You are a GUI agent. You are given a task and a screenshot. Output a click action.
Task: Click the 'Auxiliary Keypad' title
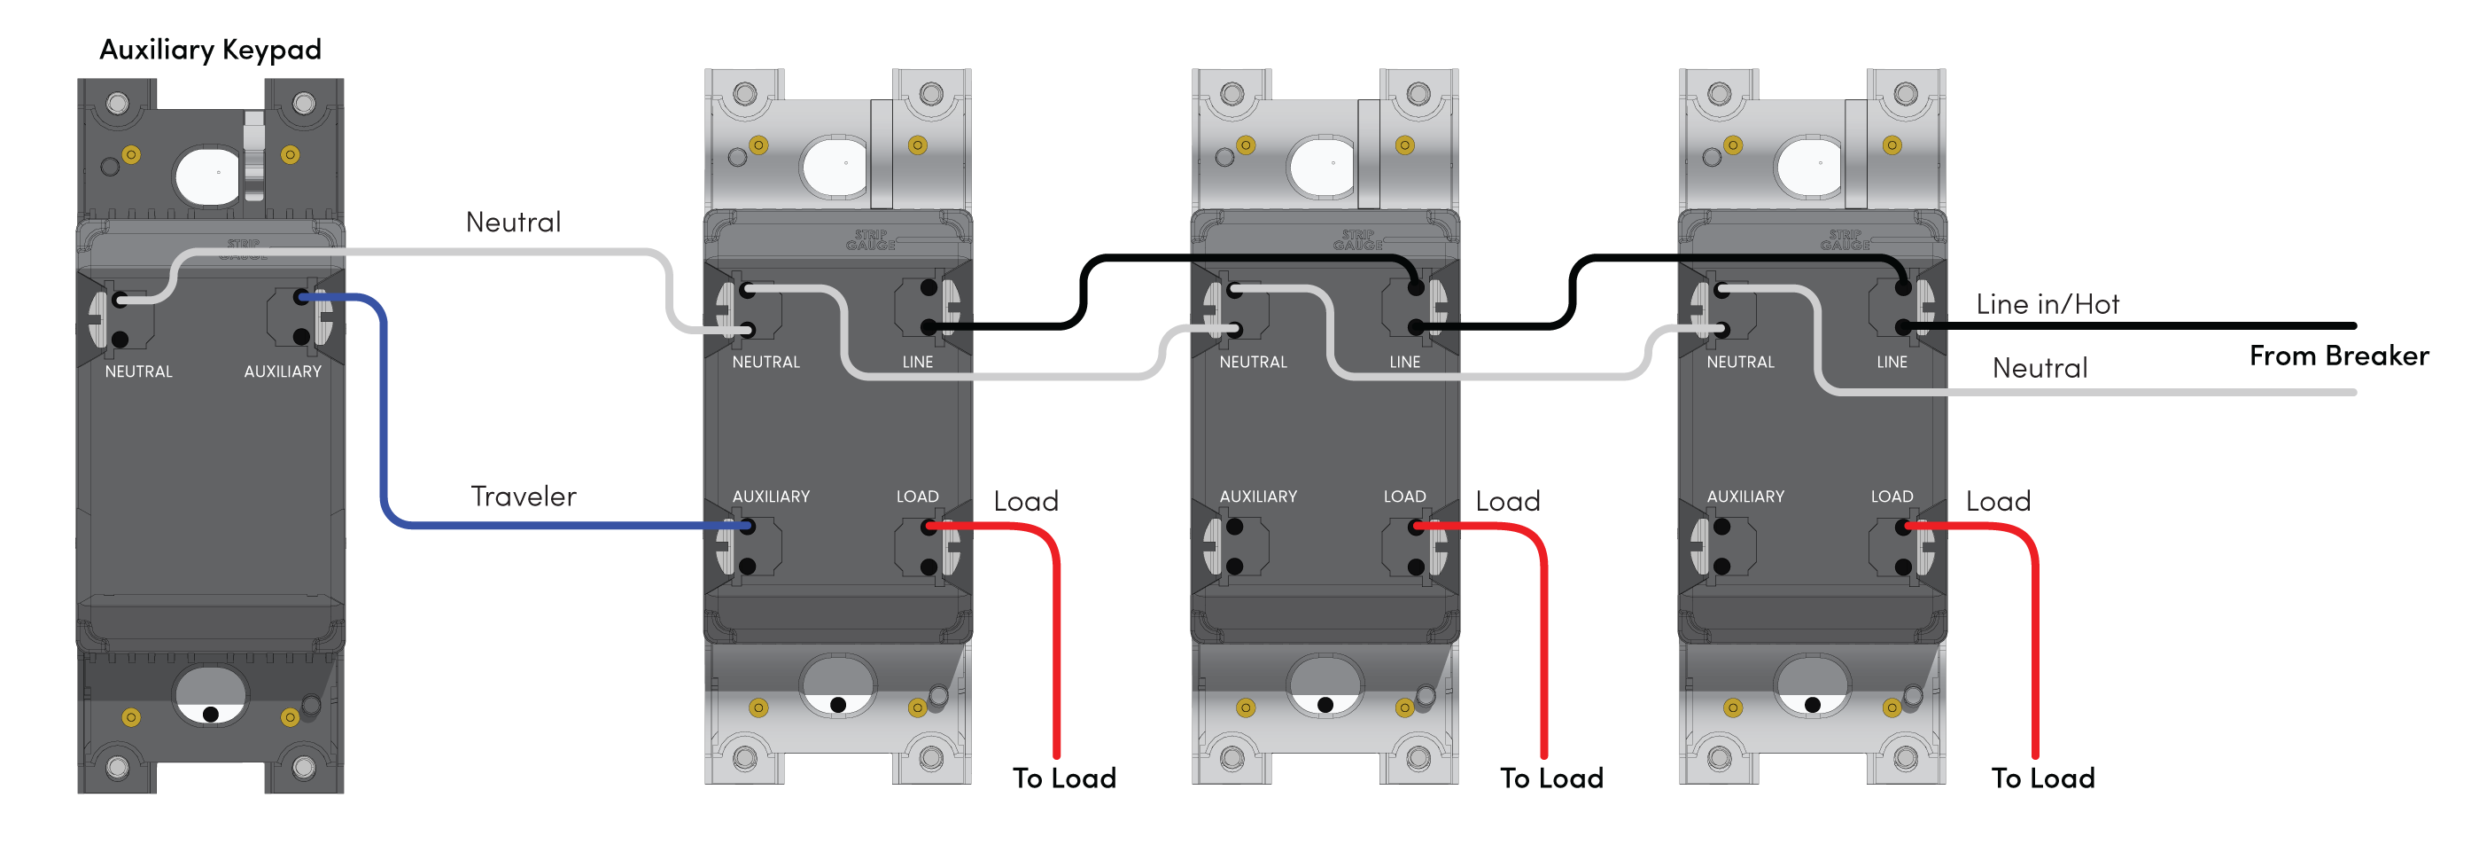[x=210, y=50]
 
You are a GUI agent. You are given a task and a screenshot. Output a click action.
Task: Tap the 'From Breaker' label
[x=2338, y=356]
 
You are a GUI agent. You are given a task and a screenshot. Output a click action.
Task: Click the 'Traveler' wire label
[x=523, y=496]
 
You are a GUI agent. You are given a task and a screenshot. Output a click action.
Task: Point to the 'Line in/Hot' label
[x=2046, y=304]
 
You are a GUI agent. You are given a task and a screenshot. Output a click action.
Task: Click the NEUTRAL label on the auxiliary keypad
[x=138, y=371]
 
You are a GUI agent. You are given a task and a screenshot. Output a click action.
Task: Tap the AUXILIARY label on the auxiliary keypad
[x=282, y=371]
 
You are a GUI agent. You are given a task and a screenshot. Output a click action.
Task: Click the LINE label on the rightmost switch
[x=1891, y=362]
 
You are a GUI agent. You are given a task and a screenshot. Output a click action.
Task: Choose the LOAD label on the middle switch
[x=1403, y=496]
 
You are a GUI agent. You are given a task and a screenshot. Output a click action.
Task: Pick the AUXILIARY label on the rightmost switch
[x=1744, y=496]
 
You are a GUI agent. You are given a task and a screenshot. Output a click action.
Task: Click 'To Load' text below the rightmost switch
[x=2042, y=778]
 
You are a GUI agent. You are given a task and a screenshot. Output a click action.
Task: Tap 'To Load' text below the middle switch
[x=1551, y=778]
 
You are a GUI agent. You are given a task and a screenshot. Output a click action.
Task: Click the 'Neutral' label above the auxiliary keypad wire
[x=513, y=223]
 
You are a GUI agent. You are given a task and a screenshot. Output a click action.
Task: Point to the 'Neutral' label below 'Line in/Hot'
[x=2040, y=369]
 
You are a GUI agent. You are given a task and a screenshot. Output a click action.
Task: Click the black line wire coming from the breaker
[x=2158, y=326]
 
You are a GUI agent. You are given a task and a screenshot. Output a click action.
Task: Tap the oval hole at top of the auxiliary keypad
[x=208, y=175]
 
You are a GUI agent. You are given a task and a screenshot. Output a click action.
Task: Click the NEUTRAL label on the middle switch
[x=1253, y=362]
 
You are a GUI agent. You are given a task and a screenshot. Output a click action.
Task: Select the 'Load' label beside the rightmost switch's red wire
[x=1997, y=501]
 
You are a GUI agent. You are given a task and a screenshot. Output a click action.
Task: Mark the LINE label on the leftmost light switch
[x=917, y=362]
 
